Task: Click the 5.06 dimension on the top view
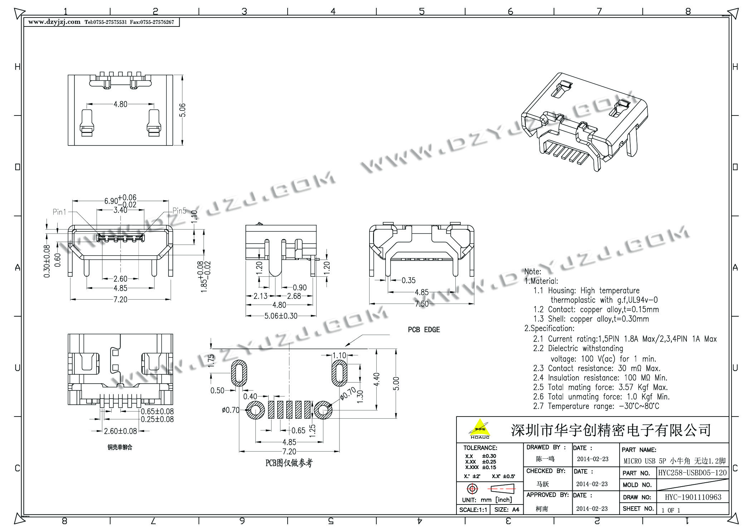182,110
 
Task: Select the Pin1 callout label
59,212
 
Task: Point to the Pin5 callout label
179,211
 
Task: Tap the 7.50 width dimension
421,304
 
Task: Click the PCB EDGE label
424,330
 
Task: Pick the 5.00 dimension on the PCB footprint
396,384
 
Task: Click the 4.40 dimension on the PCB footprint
377,380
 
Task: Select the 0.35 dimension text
408,280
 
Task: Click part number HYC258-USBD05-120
693,473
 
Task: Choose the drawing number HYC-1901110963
693,497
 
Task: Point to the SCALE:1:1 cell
473,510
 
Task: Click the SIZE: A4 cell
507,510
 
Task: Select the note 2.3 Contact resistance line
597,368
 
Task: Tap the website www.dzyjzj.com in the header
54,22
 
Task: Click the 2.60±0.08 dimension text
121,431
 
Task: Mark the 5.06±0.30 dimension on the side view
281,316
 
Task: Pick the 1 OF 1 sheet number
671,510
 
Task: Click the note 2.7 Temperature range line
596,406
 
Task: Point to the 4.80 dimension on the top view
120,104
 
